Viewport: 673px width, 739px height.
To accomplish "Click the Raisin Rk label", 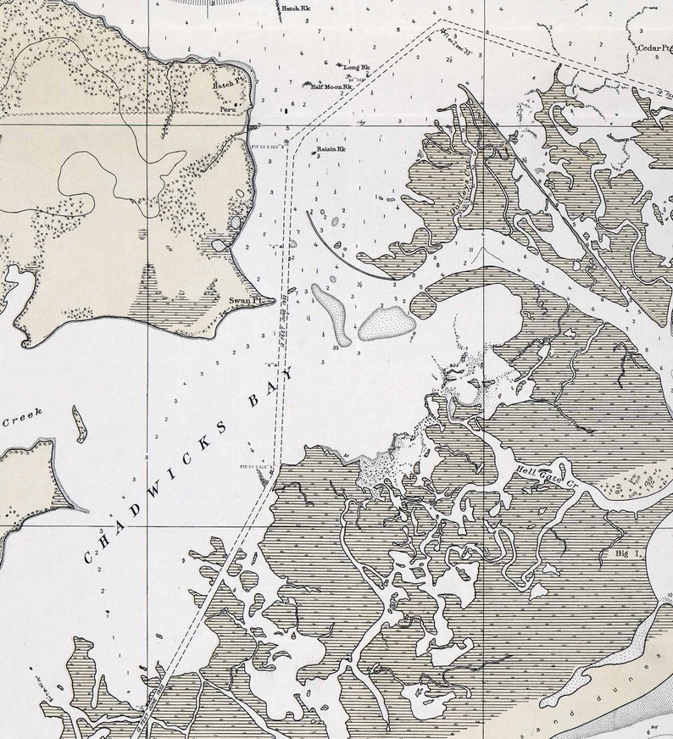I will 331,149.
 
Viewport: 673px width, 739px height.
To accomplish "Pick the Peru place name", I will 227,109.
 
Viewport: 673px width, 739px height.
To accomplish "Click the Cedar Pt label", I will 654,48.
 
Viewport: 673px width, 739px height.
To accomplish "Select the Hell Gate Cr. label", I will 555,479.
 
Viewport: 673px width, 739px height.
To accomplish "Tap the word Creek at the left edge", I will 23,419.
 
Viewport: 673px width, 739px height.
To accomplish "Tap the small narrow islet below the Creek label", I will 79,424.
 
